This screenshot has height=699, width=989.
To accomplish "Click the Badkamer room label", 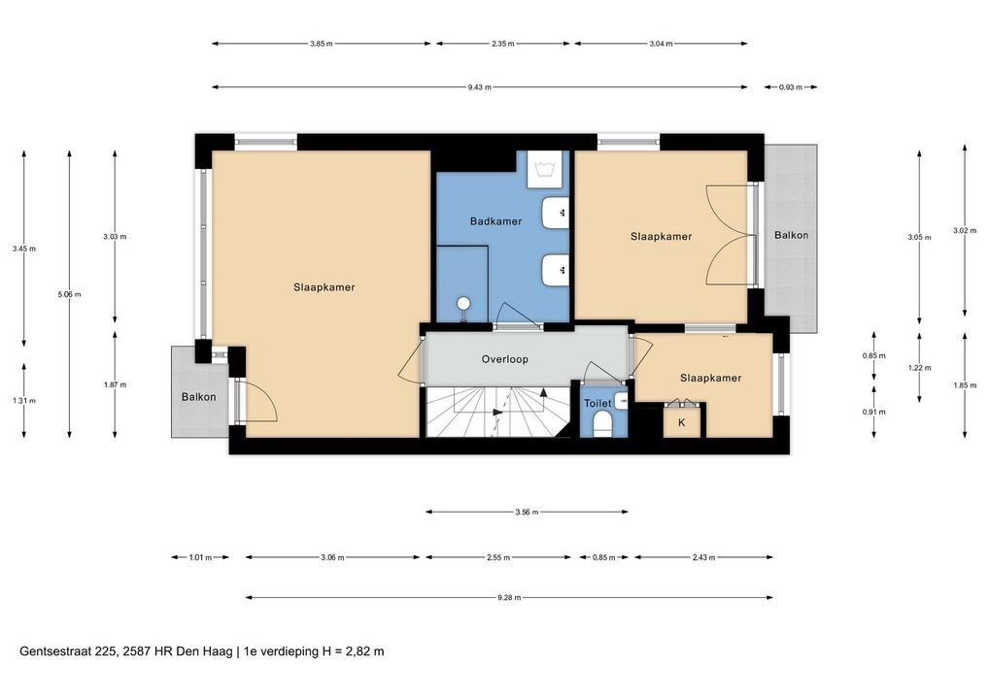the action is point(495,221).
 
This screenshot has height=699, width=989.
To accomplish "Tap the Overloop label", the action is point(504,359).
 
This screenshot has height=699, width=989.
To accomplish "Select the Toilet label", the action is point(597,404).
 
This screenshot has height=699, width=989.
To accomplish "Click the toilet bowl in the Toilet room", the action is point(603,424).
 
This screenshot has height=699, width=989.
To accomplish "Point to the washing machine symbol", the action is point(544,169).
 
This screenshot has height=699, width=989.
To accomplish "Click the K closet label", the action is point(681,422).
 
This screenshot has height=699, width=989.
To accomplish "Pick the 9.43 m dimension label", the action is point(479,87).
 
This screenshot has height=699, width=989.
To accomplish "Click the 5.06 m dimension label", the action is point(69,294).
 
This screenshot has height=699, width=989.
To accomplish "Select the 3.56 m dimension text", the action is point(527,513).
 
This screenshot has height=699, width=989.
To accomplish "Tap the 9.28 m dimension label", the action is point(509,597).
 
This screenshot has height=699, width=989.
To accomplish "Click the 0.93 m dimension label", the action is point(790,87).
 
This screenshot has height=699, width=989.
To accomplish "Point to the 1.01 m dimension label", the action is point(200,557).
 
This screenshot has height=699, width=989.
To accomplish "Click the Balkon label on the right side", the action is point(791,235).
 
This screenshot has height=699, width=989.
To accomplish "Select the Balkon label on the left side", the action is point(199,397).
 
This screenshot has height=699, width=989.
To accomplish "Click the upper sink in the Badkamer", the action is point(556,213).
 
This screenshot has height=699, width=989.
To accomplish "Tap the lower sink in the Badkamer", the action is point(556,271).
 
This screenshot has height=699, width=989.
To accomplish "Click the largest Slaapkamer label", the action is point(324,287).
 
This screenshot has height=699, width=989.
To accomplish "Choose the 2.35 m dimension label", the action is point(502,44).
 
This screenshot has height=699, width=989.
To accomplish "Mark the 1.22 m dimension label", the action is point(919,368).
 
